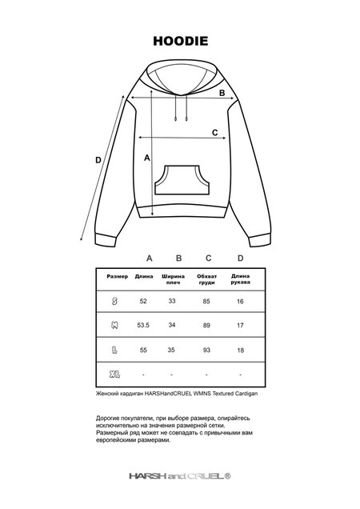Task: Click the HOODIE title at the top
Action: pos(180,39)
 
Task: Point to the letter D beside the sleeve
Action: pos(98,160)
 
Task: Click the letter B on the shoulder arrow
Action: pos(222,94)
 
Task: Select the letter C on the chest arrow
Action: pos(214,133)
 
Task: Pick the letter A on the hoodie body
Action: pos(147,158)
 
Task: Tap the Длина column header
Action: pos(144,277)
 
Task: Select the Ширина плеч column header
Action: pos(173,280)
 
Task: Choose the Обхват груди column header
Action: pos(206,280)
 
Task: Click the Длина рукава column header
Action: pos(240,280)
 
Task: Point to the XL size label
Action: pos(116,375)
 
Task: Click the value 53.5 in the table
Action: pos(144,326)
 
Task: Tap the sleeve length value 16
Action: pos(240,301)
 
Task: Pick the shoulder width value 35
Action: pos(172,351)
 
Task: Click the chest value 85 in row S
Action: pos(206,301)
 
